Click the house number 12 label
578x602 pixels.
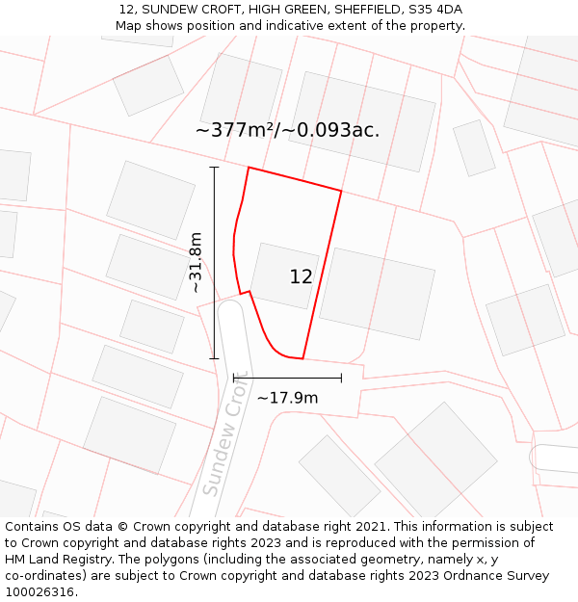click(301, 277)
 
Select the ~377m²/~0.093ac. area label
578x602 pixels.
click(287, 130)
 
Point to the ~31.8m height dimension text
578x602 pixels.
click(196, 262)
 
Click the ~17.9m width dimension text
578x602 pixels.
click(287, 397)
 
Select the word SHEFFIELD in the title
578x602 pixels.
click(356, 10)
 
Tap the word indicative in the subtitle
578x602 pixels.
click(281, 26)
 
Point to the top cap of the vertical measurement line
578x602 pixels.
click(214, 168)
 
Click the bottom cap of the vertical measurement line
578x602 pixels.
click(214, 358)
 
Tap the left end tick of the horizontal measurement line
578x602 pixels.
click(234, 379)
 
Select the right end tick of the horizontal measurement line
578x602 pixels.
click(341, 379)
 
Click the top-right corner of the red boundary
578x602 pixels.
click(341, 191)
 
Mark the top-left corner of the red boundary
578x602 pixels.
click(249, 168)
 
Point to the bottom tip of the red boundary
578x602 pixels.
click(302, 358)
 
